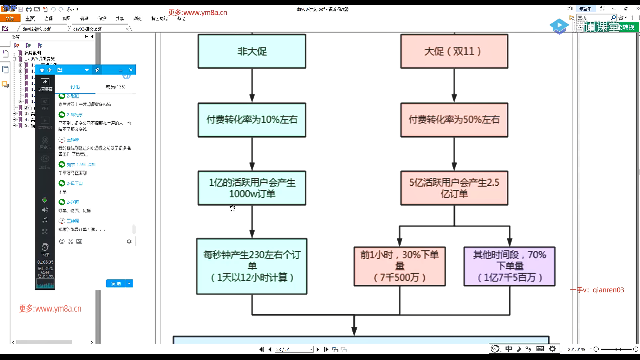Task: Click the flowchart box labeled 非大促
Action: coord(252,51)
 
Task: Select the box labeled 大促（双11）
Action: coord(454,51)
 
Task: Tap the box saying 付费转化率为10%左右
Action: coord(252,120)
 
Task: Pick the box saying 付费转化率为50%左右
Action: coord(454,120)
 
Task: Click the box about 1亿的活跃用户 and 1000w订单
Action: coord(252,188)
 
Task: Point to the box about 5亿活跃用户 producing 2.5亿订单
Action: coord(454,188)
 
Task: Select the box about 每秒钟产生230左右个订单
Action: coord(252,266)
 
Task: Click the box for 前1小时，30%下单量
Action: coord(399,266)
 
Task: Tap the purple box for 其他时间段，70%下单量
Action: coord(509,266)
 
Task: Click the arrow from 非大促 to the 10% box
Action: coord(252,86)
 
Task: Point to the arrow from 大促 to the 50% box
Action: coord(454,86)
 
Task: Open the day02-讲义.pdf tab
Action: coord(37,29)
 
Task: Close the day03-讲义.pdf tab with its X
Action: coord(127,29)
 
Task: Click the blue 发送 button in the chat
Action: coord(116,283)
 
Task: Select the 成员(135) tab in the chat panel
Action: coord(115,87)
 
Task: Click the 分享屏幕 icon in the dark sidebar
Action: coord(45,84)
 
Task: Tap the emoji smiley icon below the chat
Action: coord(62,241)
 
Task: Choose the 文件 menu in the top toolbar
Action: coord(10,18)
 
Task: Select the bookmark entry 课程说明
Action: coord(33,53)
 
